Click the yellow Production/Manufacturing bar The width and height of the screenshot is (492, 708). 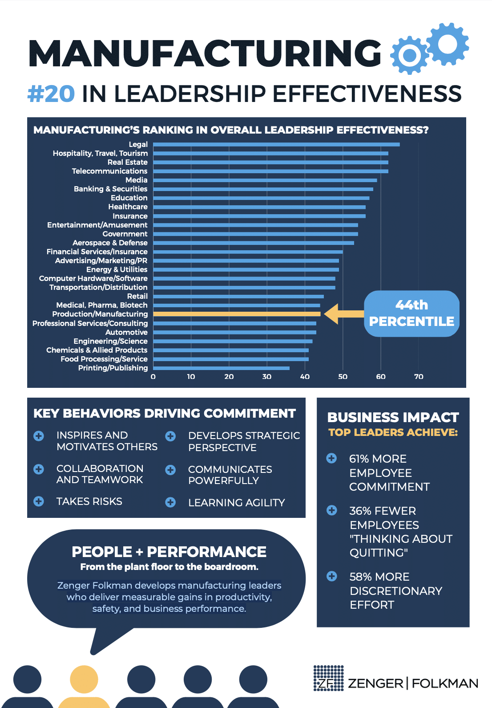(x=237, y=314)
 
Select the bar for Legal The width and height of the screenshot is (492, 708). (x=276, y=144)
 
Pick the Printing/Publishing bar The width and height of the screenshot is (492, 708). (x=221, y=368)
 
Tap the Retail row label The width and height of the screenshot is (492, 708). (x=137, y=296)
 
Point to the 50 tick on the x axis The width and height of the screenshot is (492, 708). (x=343, y=377)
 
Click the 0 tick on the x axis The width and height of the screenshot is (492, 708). (x=153, y=377)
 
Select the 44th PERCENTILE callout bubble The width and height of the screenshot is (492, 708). (x=411, y=313)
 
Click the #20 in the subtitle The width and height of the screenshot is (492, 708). (x=51, y=94)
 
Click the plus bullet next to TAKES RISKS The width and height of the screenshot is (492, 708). (x=39, y=501)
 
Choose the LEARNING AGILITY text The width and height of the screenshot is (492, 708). (x=236, y=503)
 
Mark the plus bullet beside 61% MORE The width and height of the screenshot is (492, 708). (x=331, y=458)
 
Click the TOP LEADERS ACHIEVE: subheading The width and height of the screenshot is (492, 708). (x=393, y=432)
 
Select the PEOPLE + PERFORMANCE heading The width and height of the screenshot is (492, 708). (x=169, y=552)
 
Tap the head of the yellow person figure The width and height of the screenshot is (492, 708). (x=84, y=679)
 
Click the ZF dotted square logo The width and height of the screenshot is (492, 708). (x=328, y=678)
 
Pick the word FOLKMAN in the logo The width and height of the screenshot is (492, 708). (x=445, y=684)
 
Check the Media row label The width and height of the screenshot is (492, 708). (x=136, y=180)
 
